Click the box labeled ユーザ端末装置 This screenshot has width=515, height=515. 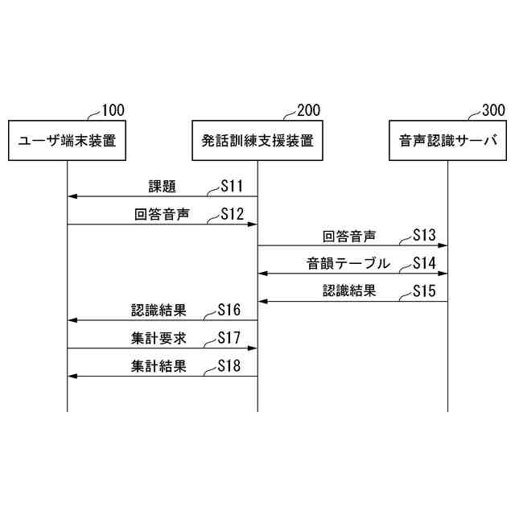pos(68,141)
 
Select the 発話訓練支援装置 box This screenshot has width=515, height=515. pos(257,141)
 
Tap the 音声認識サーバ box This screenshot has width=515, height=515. pos(447,141)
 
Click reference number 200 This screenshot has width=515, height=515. pos(308,110)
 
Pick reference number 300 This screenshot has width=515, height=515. pos(493,110)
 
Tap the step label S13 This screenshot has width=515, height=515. pos(423,236)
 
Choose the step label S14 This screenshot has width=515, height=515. pos(423,263)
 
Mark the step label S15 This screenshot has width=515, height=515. pos(423,291)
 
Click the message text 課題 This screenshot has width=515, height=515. pos(163,187)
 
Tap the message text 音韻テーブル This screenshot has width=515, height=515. pos(348,263)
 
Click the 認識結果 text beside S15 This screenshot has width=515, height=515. pos(349,291)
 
